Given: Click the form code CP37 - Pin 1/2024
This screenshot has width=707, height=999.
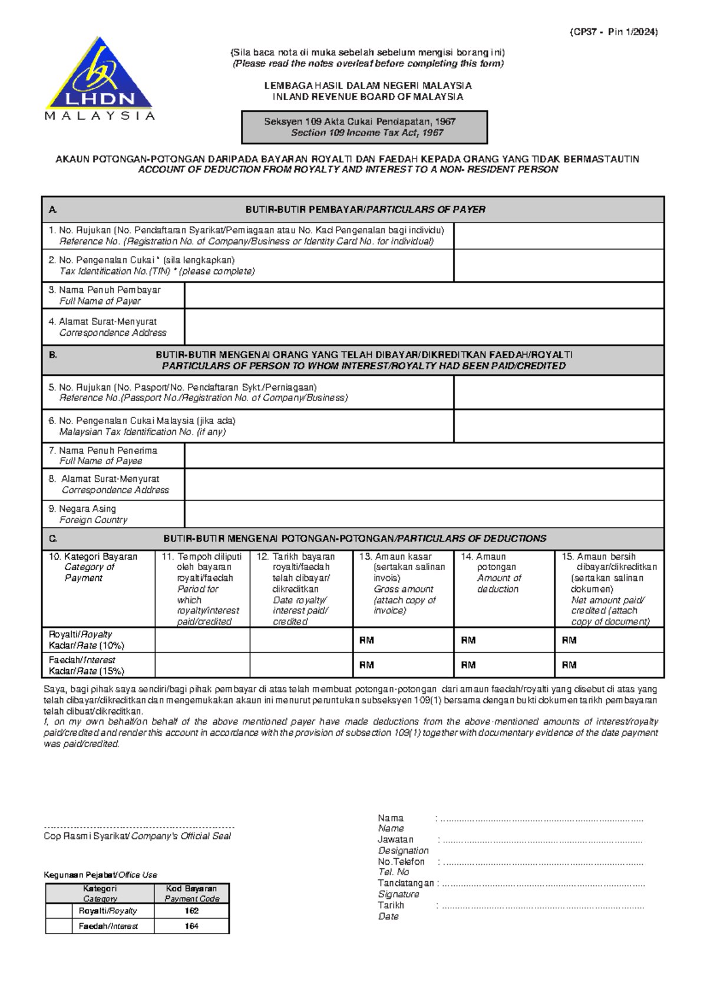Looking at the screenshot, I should click(613, 32).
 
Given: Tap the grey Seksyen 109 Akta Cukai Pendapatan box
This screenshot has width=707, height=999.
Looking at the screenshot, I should click(364, 127).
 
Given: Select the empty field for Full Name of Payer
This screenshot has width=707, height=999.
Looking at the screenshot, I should click(424, 295).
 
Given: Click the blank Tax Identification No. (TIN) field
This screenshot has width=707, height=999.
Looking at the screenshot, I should click(558, 266).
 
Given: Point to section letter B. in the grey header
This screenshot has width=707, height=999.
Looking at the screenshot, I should click(53, 355).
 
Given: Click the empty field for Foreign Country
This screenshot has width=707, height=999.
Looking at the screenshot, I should click(424, 514).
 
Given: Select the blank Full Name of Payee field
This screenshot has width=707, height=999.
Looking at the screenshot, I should click(424, 456).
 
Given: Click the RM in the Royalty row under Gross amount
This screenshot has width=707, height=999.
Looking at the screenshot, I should click(366, 640).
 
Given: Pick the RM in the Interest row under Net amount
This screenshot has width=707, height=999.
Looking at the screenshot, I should click(569, 665).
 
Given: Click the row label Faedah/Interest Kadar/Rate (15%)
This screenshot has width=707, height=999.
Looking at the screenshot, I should click(86, 666).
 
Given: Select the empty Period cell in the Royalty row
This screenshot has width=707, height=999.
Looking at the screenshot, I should click(202, 640).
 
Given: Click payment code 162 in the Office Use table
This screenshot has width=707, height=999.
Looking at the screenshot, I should click(191, 911).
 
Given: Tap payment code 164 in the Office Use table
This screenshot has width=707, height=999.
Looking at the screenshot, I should click(191, 926).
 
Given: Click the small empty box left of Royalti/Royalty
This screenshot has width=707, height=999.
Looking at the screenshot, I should click(58, 911).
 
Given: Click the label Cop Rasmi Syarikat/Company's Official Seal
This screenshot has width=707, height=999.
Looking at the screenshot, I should click(137, 836).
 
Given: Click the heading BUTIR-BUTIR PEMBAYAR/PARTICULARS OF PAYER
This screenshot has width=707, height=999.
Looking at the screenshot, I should click(365, 210).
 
